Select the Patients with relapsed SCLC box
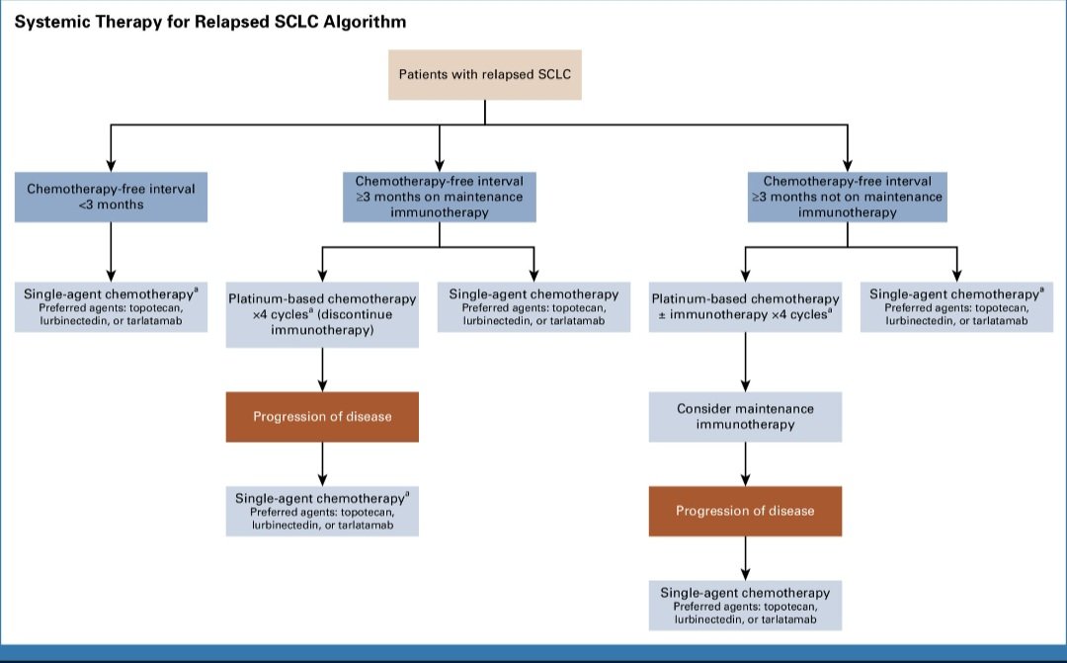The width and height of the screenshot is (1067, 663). click(484, 74)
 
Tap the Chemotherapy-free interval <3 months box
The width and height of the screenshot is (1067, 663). click(111, 196)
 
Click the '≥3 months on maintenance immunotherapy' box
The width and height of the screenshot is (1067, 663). click(439, 197)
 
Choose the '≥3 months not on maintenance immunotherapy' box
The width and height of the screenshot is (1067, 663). click(847, 197)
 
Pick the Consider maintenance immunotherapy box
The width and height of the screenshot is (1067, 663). click(745, 417)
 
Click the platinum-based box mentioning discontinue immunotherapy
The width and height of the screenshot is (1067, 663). click(322, 315)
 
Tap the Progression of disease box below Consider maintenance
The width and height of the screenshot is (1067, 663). click(745, 511)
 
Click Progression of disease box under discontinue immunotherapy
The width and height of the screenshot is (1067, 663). click(322, 417)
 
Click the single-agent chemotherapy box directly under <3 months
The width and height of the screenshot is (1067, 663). click(111, 306)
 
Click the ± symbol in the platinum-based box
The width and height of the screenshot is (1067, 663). click(656, 314)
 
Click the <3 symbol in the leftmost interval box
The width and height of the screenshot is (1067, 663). click(84, 205)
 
